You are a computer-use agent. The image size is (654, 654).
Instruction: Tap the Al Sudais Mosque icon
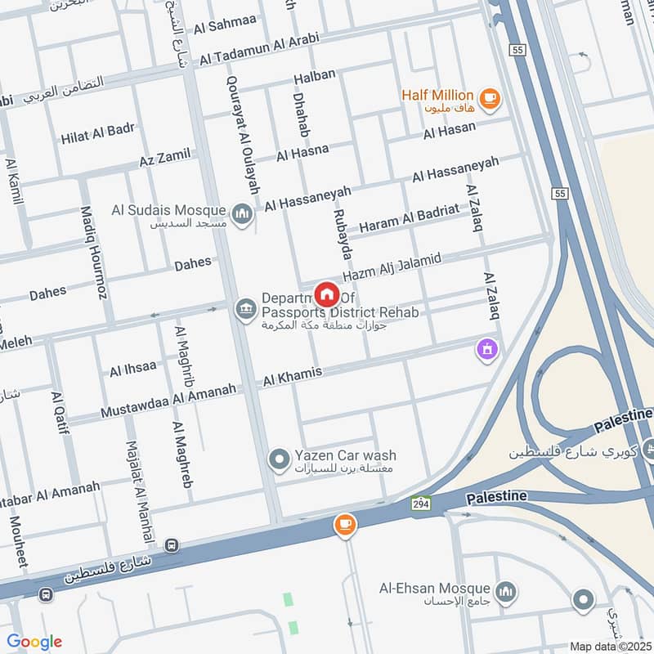pyautogui.click(x=242, y=215)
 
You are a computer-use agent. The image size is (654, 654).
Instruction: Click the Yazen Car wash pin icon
pyautogui.click(x=280, y=460)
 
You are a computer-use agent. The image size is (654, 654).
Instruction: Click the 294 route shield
pyautogui.click(x=420, y=501)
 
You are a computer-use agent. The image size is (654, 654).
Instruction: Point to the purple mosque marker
pyautogui.click(x=488, y=350)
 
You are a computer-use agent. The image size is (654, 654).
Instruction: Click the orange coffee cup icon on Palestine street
pyautogui.click(x=345, y=525)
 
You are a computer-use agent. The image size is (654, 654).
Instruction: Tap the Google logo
pyautogui.click(x=34, y=642)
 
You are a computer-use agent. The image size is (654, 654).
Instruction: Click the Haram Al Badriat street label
pyautogui.click(x=409, y=218)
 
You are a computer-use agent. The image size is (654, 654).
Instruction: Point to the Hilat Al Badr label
pyautogui.click(x=97, y=136)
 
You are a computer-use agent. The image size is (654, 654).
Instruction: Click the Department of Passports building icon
pyautogui.click(x=244, y=309)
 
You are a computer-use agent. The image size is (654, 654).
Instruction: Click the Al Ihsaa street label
pyautogui.click(x=132, y=368)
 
